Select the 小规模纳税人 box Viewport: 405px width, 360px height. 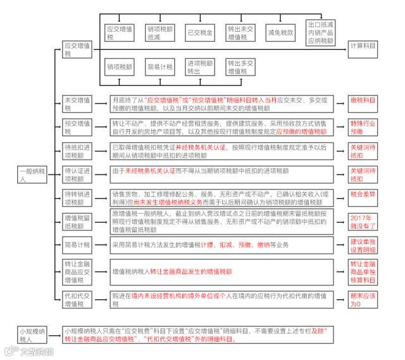coord(32,334)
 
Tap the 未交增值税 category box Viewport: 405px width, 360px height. coord(77,104)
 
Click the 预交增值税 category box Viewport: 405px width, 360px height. coord(77,127)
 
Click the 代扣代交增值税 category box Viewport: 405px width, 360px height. coord(77,299)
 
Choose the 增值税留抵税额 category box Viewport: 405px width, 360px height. coord(77,221)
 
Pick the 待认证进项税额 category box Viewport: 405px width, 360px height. coord(77,174)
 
